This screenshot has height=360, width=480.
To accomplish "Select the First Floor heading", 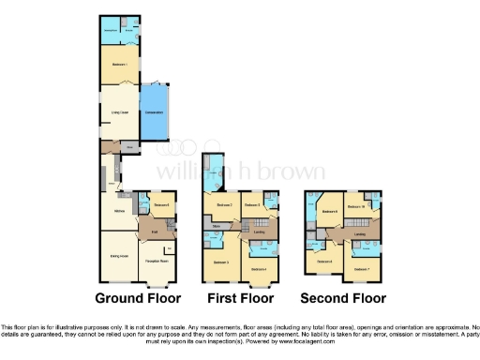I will pyautogui.click(x=240, y=298).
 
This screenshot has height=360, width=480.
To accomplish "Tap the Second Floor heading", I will pyautogui.click(x=343, y=298).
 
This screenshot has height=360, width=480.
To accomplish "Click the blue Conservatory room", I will pyautogui.click(x=154, y=113).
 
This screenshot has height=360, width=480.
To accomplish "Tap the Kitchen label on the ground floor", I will pyautogui.click(x=119, y=211).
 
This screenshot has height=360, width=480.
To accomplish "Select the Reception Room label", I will pyautogui.click(x=156, y=248).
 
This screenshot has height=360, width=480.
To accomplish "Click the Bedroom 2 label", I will pyautogui.click(x=223, y=204).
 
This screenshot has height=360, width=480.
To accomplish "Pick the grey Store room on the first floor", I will pyautogui.click(x=217, y=226).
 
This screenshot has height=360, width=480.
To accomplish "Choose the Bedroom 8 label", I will pyautogui.click(x=330, y=212).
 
